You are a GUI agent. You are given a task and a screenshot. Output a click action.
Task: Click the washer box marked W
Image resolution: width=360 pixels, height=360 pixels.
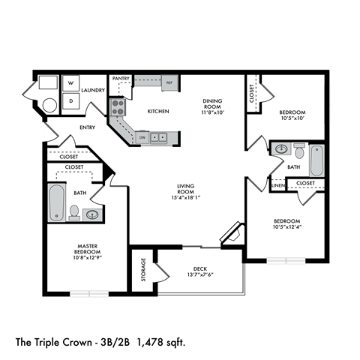pos(70,83)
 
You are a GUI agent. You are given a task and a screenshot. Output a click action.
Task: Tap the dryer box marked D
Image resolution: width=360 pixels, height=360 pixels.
pos(70,100)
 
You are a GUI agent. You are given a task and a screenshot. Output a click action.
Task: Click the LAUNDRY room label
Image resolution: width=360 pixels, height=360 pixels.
pos(92,89)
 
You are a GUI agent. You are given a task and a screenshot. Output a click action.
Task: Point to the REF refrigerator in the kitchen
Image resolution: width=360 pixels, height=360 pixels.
pos(169,82)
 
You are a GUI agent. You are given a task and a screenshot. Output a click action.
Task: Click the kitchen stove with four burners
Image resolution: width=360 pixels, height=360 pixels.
pos(118,108)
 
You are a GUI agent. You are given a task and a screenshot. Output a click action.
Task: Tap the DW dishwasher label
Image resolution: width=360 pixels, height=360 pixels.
pos(142,138)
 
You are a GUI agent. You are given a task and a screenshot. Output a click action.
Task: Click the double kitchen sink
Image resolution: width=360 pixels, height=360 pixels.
pos(159,138)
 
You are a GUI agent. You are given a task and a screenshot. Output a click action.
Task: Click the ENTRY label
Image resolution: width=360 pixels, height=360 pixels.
pos(87,127)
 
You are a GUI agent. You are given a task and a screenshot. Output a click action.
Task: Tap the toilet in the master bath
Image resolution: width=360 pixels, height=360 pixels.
pos(74,212)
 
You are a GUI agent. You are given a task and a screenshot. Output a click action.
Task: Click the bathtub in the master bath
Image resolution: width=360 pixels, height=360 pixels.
pos(56,202)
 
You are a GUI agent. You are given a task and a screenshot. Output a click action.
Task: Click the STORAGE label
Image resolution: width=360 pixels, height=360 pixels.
pos(142,271)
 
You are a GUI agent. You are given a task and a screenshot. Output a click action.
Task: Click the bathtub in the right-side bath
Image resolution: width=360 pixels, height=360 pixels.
pos(316,160)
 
